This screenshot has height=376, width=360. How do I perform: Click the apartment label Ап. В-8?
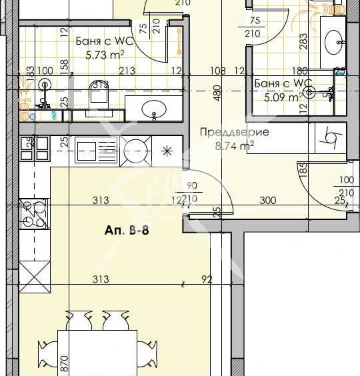point(126,230)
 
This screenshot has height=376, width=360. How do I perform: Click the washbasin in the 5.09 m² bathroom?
point(333,43)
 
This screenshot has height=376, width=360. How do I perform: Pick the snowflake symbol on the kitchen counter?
point(165,148)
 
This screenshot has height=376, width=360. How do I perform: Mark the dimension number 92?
point(207,279)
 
